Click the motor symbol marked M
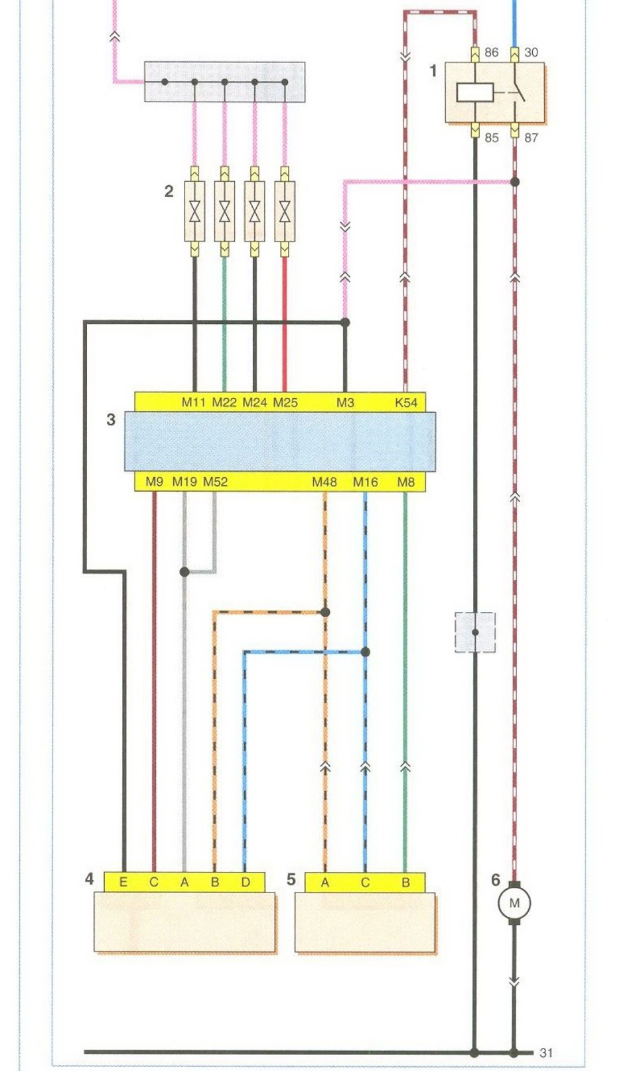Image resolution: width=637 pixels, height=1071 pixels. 514,902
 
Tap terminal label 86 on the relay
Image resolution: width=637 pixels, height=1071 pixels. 492,52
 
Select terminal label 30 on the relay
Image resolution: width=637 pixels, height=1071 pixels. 531,52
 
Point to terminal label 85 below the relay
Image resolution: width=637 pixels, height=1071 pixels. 492,138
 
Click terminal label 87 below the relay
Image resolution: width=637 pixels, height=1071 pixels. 531,138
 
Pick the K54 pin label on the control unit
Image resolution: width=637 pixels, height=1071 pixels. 406,402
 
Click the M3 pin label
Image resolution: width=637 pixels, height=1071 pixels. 345,402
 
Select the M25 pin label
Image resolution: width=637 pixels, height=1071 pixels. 285,402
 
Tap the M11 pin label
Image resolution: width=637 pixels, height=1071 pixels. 194,402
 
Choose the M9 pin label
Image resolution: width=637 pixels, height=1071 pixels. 154,482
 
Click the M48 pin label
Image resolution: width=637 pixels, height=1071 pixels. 324,482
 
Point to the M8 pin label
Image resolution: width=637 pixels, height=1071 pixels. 405,482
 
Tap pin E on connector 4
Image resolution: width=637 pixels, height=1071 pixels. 123,883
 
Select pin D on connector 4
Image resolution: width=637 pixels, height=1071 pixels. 246,883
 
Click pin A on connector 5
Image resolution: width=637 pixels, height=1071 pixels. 325,883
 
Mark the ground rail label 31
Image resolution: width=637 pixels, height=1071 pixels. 546,1052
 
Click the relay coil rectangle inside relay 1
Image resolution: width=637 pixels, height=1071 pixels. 475,92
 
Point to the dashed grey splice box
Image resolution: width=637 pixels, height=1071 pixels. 475,632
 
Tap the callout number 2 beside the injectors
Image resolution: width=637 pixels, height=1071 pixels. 169,191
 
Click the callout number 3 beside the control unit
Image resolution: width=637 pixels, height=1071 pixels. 111,419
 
